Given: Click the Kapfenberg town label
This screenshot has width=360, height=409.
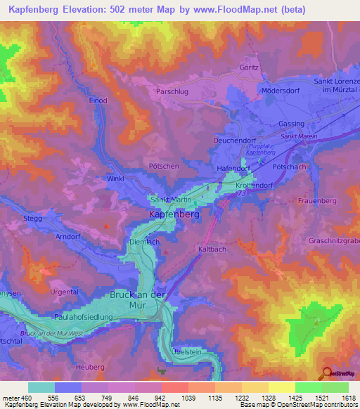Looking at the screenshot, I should pos(174,215).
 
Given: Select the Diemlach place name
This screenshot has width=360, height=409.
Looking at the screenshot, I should pos(146,241).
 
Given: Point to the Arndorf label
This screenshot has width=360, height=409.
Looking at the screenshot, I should pos(69,237).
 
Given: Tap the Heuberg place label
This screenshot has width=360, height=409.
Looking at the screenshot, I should pos(89,367).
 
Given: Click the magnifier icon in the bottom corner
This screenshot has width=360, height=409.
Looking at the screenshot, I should pos(326,374).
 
